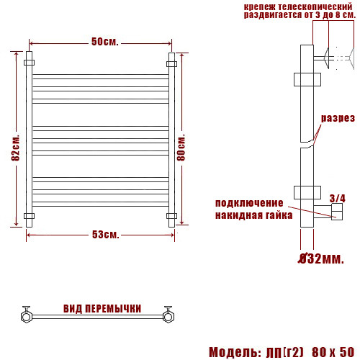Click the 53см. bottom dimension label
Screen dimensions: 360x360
(105, 235)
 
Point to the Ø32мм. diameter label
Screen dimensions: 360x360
(321, 258)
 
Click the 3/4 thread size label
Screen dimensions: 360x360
(337, 197)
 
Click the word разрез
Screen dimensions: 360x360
(338, 118)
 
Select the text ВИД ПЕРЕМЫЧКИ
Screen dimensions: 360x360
(102, 309)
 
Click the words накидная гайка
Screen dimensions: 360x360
(253, 215)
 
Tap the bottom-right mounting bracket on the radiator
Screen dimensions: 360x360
(171, 216)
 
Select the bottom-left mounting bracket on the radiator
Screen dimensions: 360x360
(30, 216)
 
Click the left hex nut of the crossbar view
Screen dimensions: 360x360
(26, 314)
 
